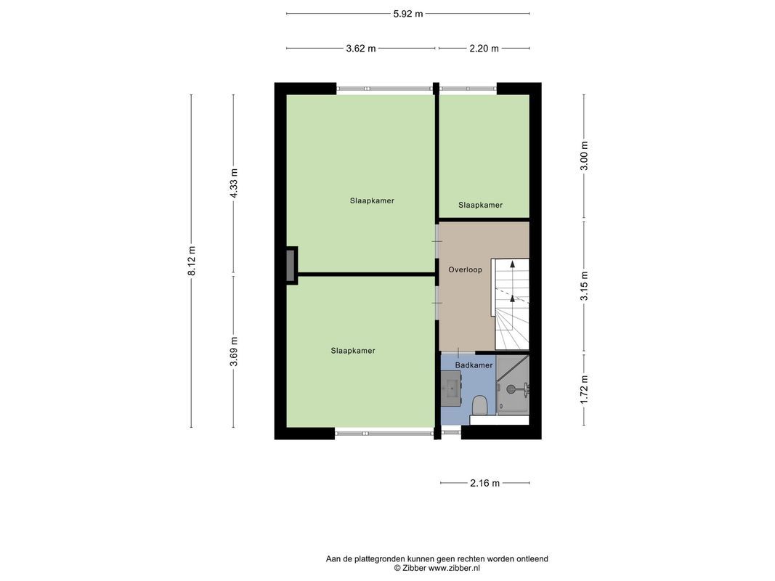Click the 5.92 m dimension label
pos(407,14)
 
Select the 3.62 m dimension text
pos(361,49)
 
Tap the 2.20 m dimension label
pos(484,49)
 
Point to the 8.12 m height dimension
pos(192,260)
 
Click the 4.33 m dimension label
pos(234,183)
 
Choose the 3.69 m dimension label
pos(234,351)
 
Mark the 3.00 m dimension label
pos(584,155)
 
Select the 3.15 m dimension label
pos(584,285)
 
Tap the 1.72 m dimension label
pos(584,389)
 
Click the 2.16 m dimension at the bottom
pos(484,483)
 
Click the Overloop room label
pos(465,269)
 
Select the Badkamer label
pos(474,365)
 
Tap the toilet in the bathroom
pos(479,405)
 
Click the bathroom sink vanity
pos(451,389)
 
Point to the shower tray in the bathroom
pos(513,386)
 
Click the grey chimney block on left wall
pos(291,265)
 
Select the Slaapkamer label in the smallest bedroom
pos(480,205)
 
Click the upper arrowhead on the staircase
pos(512,264)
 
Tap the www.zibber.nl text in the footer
pos(454,568)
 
